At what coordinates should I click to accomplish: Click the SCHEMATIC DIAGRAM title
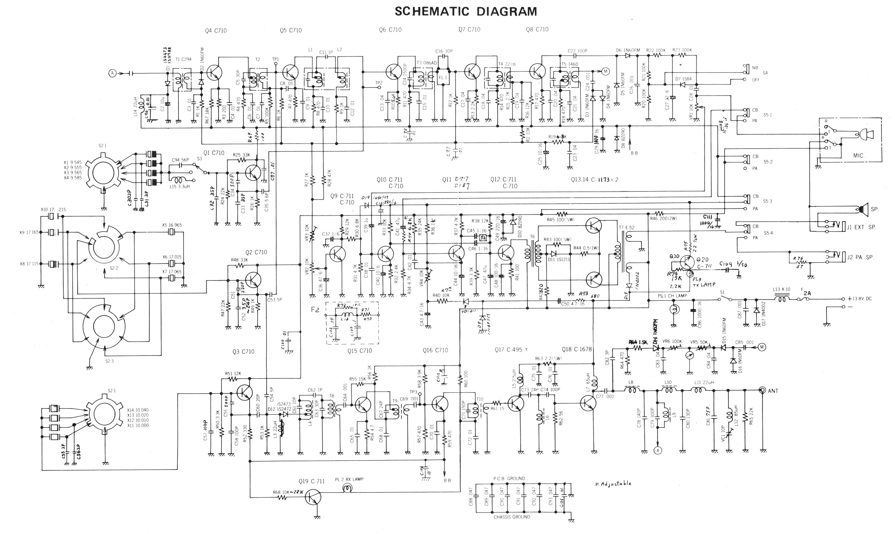click(x=466, y=11)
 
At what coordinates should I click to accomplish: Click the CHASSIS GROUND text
click(x=512, y=517)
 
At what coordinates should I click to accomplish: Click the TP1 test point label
click(x=276, y=59)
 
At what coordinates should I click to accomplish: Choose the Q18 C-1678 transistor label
click(x=577, y=349)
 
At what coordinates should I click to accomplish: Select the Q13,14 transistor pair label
click(x=594, y=180)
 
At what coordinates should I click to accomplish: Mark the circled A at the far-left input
click(x=113, y=73)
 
